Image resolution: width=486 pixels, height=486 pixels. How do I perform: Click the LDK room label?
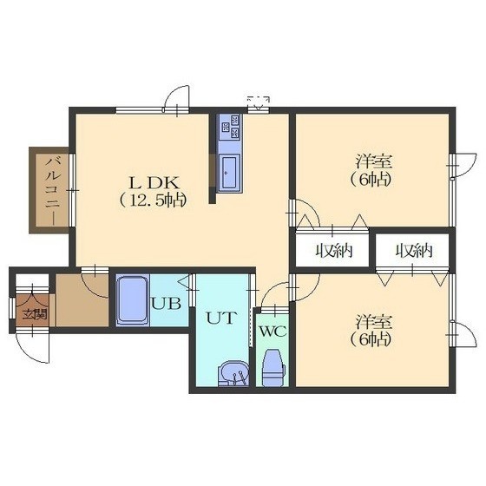click(x=154, y=183)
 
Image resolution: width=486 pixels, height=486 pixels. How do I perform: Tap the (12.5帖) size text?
click(x=153, y=200)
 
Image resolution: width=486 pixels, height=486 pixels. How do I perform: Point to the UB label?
click(x=166, y=304)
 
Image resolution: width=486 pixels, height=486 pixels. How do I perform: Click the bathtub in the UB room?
click(x=133, y=299)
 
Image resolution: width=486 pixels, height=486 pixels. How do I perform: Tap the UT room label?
click(x=221, y=318)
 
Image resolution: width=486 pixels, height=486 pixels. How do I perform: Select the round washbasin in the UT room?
click(x=233, y=373)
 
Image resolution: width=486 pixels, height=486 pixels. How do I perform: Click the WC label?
click(x=273, y=332)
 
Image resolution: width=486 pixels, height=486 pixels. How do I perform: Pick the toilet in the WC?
click(x=273, y=368)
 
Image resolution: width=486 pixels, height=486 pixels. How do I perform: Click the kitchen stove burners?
click(x=230, y=127)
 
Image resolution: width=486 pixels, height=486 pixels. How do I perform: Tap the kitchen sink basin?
click(x=230, y=172)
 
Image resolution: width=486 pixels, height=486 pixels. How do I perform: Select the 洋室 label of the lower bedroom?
click(x=373, y=321)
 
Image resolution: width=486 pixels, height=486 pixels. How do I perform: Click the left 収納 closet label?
click(x=334, y=251)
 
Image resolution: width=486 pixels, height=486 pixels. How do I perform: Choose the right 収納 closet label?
click(x=414, y=251)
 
